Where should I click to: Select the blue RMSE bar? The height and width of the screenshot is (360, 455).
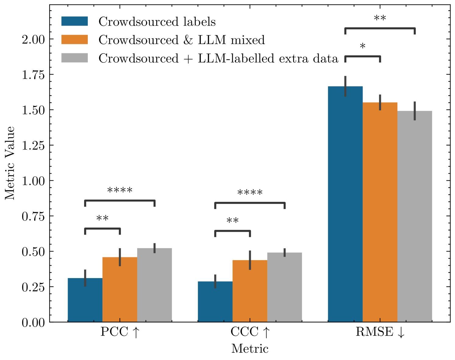[345, 204]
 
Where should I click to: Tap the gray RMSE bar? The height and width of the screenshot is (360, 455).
[415, 216]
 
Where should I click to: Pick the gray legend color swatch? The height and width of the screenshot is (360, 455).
[75, 58]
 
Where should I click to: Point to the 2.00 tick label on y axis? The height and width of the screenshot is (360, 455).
[33, 39]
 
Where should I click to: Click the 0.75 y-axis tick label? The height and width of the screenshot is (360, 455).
[33, 216]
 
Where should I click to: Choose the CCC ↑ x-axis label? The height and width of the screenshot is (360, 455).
[250, 332]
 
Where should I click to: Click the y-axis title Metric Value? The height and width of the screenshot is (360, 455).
[10, 163]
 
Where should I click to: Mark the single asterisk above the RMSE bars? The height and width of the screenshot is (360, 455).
[363, 47]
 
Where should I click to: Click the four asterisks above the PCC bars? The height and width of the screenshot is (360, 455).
[120, 191]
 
